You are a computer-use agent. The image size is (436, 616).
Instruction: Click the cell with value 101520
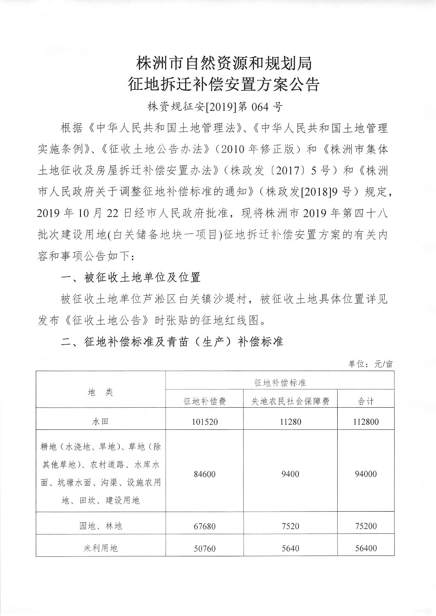click(x=204, y=422)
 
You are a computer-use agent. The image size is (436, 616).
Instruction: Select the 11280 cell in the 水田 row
click(x=290, y=422)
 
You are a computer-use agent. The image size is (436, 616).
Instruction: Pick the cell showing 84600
click(x=204, y=474)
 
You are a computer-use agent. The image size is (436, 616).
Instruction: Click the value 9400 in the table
click(x=290, y=474)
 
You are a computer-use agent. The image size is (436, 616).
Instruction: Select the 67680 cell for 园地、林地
click(x=204, y=526)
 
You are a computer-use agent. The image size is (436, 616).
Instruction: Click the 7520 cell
click(x=290, y=526)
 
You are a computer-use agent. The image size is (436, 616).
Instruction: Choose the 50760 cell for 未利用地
click(x=204, y=548)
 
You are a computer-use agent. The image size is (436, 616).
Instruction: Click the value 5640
click(x=290, y=548)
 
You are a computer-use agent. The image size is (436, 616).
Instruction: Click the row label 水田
click(x=100, y=422)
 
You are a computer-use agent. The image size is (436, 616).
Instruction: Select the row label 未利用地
click(x=100, y=548)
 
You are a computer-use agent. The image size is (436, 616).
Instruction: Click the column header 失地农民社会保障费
click(x=290, y=401)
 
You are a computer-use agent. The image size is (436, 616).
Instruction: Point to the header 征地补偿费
click(x=204, y=401)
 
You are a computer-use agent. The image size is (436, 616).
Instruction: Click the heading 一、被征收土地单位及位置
click(x=131, y=278)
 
